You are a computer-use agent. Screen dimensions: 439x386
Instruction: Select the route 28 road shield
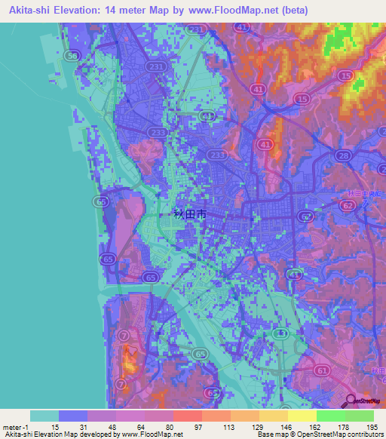tap(343, 155)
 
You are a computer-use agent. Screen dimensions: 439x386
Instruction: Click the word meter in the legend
tap(11, 427)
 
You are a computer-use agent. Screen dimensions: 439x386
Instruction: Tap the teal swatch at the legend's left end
tap(44, 416)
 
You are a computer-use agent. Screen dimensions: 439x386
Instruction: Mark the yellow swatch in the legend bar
tap(302, 416)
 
